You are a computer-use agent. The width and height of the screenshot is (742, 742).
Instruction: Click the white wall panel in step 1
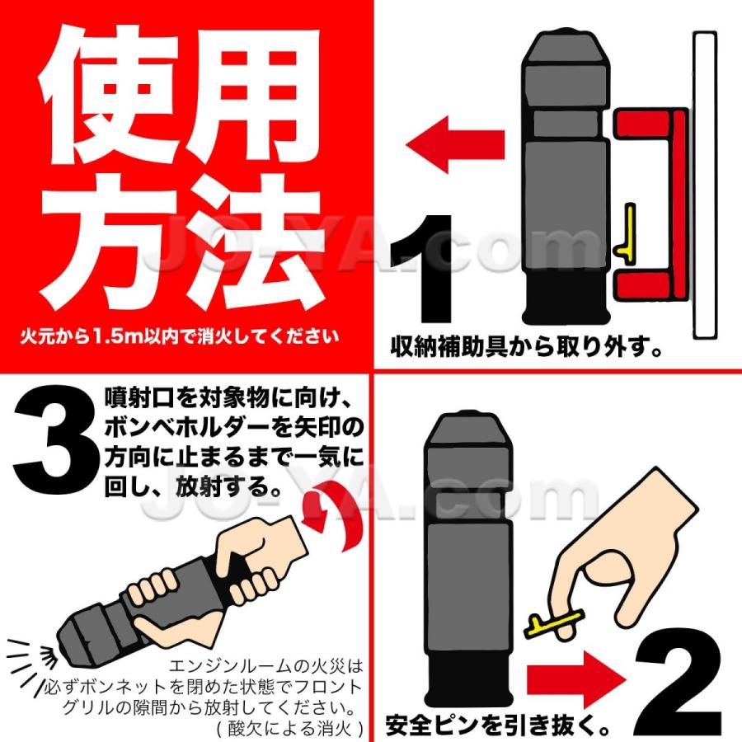(x=706, y=185)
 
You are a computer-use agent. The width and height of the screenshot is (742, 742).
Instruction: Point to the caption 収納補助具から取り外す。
(x=528, y=346)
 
